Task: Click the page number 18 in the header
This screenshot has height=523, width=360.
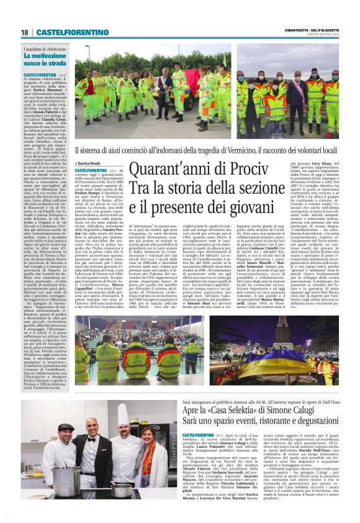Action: pos(25,32)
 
